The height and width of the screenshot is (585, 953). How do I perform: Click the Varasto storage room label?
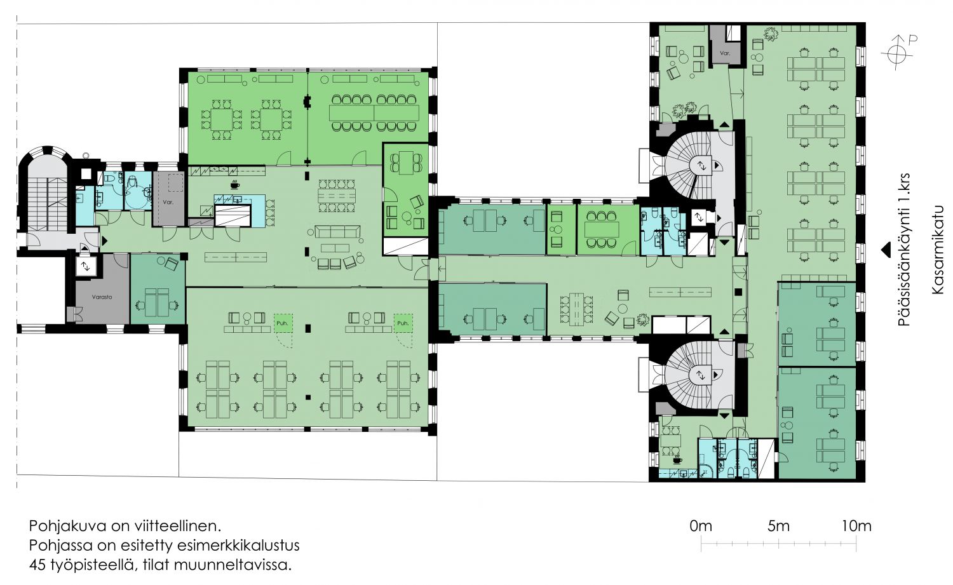[102, 297]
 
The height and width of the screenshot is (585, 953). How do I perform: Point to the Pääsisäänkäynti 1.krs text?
[904, 250]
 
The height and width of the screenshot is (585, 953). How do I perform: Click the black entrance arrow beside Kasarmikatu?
[886, 250]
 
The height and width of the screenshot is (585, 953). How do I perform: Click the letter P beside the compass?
[912, 40]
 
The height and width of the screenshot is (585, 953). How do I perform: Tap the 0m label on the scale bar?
[700, 527]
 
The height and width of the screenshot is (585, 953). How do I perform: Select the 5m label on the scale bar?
[778, 527]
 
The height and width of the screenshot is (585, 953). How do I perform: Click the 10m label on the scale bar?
[856, 527]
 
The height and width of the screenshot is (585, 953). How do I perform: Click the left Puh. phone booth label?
[283, 323]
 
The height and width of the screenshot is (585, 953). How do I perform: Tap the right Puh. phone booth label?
[402, 323]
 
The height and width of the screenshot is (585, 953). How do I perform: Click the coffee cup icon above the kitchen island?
[234, 185]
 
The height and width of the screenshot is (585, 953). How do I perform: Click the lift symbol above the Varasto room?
[86, 267]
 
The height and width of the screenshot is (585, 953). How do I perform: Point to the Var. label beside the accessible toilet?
[168, 203]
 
